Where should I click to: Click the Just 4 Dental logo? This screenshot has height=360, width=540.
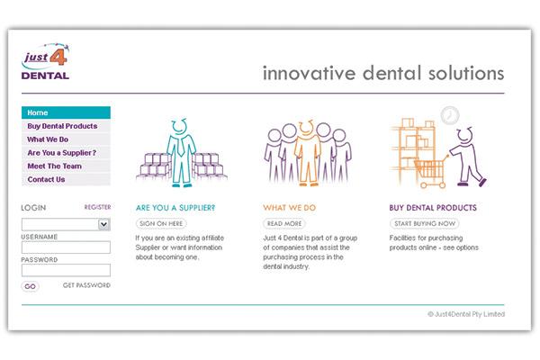[46, 62]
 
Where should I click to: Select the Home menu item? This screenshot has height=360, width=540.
[66, 112]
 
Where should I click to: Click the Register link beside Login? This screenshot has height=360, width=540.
[97, 207]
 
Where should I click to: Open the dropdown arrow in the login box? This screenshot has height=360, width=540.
[103, 224]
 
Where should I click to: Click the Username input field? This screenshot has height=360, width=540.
[66, 247]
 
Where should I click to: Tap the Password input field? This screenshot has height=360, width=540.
[66, 270]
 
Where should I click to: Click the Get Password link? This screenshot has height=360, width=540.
[86, 285]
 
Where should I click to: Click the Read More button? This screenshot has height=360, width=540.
[284, 223]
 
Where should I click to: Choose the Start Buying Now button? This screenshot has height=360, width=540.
[425, 223]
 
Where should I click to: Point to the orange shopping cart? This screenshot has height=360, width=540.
[431, 173]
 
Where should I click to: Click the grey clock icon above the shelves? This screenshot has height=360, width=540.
[450, 116]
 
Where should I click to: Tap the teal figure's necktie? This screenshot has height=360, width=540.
[181, 147]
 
